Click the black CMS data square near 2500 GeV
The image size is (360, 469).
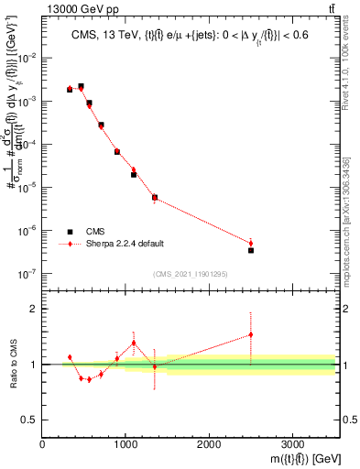click(251, 250)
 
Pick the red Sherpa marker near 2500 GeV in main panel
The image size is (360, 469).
click(251, 243)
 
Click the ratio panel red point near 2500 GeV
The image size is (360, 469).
click(251, 334)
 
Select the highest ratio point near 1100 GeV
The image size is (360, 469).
click(134, 343)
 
